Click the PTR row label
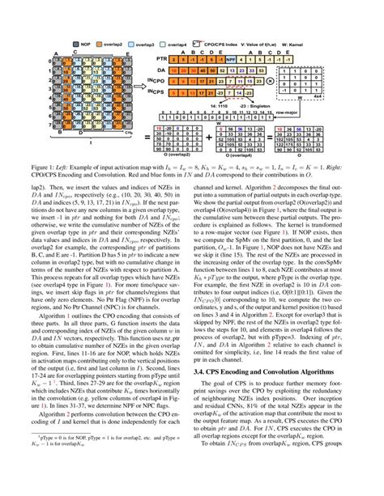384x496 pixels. click(x=163, y=58)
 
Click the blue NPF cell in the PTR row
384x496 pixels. click(x=231, y=58)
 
